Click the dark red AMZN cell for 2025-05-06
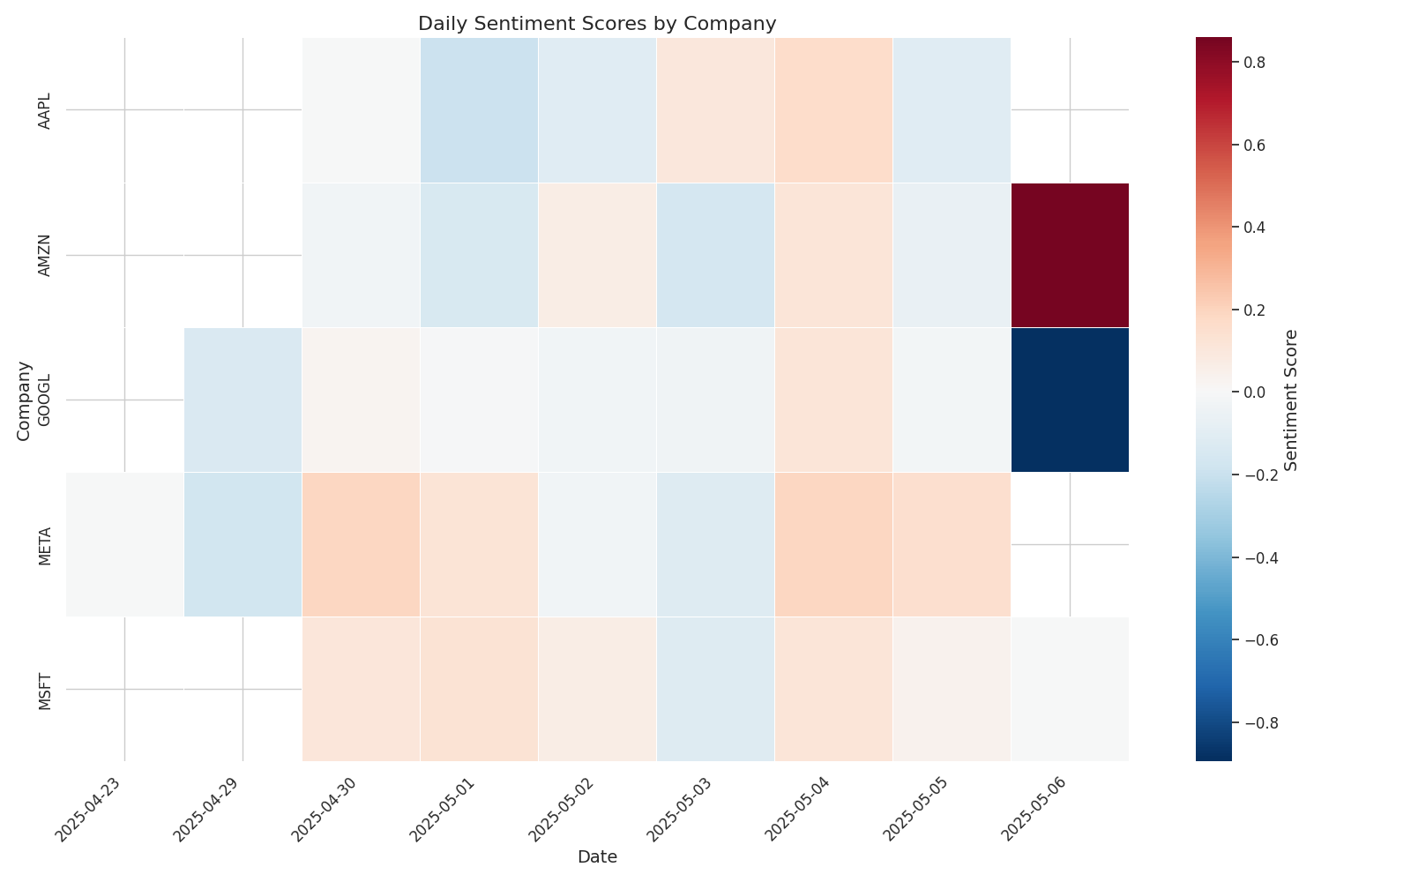1069,255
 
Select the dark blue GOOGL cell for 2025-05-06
1069,400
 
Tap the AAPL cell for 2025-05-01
479,110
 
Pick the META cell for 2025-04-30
361,544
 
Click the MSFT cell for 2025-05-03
715,689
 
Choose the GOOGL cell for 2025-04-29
243,400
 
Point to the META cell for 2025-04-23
124,544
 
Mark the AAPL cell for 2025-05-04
833,110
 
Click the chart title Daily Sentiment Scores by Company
597,24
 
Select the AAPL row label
45,110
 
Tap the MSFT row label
45,689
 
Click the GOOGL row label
45,400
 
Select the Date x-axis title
597,857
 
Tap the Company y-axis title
24,400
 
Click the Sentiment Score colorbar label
1290,400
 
